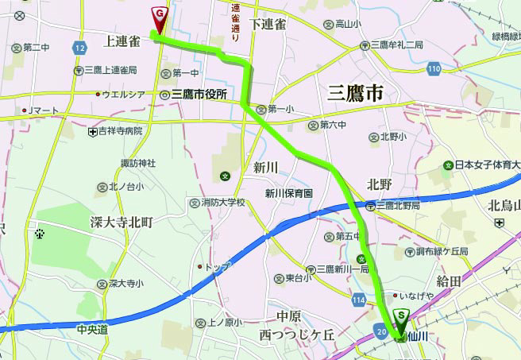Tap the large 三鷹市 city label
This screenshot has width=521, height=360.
click(x=355, y=93)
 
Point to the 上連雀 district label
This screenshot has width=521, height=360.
click(x=122, y=40)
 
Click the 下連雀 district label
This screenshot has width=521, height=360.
click(x=267, y=25)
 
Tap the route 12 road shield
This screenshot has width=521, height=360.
click(x=78, y=48)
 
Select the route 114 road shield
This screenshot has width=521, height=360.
click(x=359, y=298)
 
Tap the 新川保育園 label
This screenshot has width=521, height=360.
click(x=289, y=194)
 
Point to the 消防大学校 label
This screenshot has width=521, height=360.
click(x=223, y=203)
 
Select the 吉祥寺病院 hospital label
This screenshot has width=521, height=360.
click(x=121, y=130)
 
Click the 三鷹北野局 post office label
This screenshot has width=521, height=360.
click(x=401, y=205)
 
